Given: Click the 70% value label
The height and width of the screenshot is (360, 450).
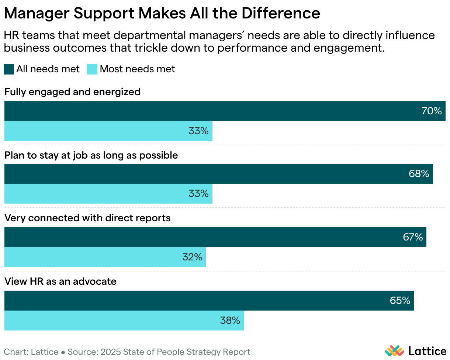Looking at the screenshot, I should point(432,111).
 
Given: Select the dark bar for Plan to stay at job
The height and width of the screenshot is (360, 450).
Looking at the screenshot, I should point(218,174).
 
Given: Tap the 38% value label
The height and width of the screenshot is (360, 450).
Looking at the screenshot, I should point(230,321).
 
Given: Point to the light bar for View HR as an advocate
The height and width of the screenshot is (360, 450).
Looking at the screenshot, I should point(124,321).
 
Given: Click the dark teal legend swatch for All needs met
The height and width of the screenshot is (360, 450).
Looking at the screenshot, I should point(9,69).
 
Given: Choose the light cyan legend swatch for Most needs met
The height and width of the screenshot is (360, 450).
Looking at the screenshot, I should point(92,69).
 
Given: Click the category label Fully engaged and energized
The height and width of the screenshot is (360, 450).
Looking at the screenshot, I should point(72,92).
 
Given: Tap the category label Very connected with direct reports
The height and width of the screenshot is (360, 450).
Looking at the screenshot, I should point(87,218).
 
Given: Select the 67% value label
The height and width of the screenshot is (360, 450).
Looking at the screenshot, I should point(413,237).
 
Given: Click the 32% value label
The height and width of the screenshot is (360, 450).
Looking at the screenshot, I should point(192,257).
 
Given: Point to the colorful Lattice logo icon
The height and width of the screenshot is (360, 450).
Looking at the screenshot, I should point(395,350).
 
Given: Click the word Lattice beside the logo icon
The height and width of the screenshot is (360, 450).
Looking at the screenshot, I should point(427,350).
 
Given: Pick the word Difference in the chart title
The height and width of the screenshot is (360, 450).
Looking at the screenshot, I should point(281,13).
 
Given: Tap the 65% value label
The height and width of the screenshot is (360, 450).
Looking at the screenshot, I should point(400,301).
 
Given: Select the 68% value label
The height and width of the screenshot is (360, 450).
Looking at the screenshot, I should point(419,174).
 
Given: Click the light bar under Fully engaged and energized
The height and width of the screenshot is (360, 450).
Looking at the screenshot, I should point(108,131).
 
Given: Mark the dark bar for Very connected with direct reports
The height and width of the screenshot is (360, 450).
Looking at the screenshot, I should point(215,237).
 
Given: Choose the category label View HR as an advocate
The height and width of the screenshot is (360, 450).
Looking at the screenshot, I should point(60,281).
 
